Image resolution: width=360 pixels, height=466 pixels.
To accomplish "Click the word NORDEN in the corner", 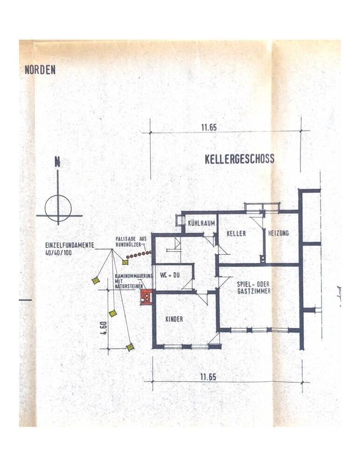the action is coord(40,70).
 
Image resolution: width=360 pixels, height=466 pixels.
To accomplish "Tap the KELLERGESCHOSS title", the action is coord(239,159).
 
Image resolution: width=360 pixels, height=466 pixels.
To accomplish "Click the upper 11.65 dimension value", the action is coord(209,127).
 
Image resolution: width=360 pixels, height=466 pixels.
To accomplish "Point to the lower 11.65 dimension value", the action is coord(208,377).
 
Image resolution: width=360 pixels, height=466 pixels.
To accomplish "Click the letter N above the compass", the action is coord(57,163).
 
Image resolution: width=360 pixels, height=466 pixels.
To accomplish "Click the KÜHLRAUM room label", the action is coord(201,224).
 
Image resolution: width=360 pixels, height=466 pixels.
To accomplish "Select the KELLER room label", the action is coord(236,233).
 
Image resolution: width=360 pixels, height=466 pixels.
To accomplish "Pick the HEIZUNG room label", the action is coord(278,233).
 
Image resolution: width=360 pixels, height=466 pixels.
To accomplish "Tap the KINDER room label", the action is coord(174,319).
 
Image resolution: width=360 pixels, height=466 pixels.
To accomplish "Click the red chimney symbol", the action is coord(146,297).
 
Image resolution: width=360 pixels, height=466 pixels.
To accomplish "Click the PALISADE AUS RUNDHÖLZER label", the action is coord(131,241).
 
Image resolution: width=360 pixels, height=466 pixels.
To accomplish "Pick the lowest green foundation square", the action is coord(130,347).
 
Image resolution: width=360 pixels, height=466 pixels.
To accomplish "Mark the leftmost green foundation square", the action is coord(96,280).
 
